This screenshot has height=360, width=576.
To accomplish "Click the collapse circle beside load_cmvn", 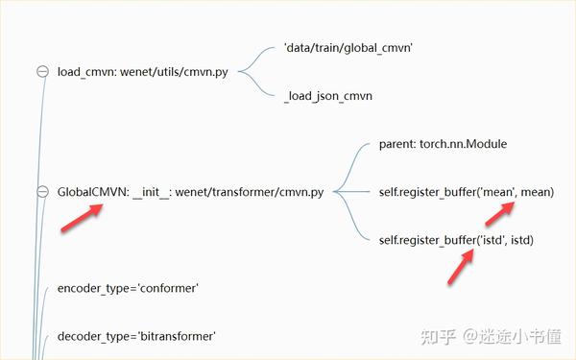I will pos(42,71).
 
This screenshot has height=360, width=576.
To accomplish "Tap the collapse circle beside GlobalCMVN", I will pos(42,192).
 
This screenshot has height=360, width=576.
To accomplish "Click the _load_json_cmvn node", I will pos(328,96).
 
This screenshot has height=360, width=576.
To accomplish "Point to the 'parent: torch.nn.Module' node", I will pos(443,144).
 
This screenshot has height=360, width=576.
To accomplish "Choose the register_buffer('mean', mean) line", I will pos(467,192).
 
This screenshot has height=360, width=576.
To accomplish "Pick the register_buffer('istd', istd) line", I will pos(456,240).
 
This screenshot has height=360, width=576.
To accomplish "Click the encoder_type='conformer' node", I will pos(128,288).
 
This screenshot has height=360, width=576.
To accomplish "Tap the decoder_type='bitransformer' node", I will pos(136,336).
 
